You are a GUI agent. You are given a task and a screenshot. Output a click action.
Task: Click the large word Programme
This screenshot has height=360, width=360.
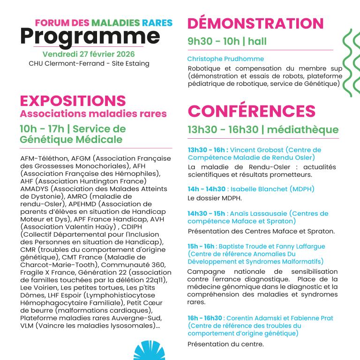click(90, 37)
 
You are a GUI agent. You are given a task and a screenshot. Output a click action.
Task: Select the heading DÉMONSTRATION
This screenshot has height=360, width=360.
click(255, 23)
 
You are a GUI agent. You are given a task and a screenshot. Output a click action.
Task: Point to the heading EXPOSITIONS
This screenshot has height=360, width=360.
click(73, 100)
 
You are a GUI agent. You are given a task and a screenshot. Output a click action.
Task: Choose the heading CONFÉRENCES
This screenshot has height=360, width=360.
click(252, 111)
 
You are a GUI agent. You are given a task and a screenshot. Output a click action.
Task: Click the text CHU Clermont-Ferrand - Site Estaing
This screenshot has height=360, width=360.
click(89, 63)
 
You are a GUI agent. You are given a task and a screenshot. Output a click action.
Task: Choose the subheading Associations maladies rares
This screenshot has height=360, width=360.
click(93, 113)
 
